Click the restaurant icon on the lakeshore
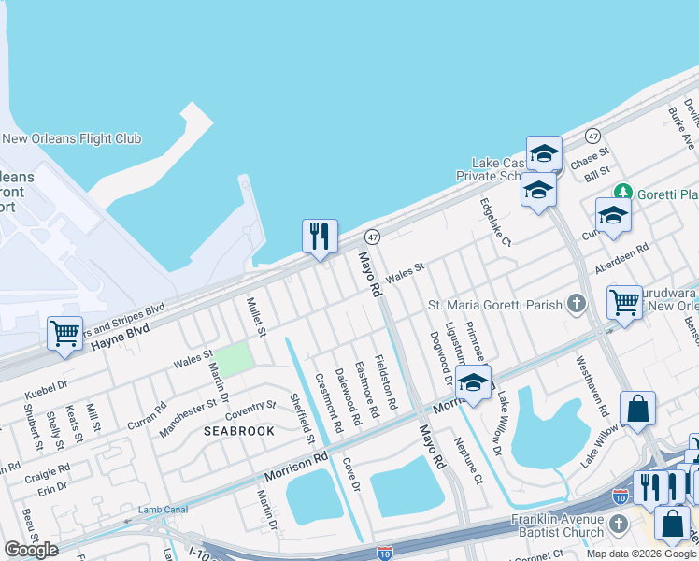pyautogui.click(x=320, y=236)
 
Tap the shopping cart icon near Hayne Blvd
pyautogui.click(x=64, y=333)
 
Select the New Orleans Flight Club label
pyautogui.click(x=72, y=139)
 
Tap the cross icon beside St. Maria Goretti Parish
pyautogui.click(x=577, y=304)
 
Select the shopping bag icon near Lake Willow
pyautogui.click(x=637, y=409)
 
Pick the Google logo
pyautogui.click(x=31, y=550)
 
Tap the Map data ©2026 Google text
pyautogui.click(x=641, y=554)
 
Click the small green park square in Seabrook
pyautogui.click(x=237, y=357)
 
